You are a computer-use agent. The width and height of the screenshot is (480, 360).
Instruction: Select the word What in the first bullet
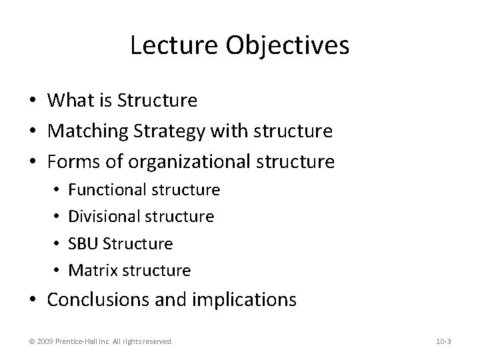pyautogui.click(x=72, y=101)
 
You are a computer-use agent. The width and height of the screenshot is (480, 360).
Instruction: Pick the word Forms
pyautogui.click(x=71, y=162)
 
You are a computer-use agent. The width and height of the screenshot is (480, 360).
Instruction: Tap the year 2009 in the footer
pyautogui.click(x=46, y=341)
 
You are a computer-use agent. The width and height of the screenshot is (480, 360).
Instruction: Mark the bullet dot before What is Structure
pyautogui.click(x=33, y=101)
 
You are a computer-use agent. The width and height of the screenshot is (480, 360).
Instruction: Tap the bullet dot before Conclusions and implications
pyautogui.click(x=33, y=301)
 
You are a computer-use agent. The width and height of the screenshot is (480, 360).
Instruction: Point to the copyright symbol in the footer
pyautogui.click(x=32, y=341)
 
